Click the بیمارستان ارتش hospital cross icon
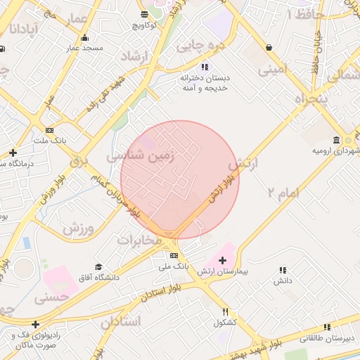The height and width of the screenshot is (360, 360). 223,260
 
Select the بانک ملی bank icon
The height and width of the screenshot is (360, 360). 174,255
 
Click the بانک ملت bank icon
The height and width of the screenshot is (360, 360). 49,130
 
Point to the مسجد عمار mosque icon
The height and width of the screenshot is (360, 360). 85,38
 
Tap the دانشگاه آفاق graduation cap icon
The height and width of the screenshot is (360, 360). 98,267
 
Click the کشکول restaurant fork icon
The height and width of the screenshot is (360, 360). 225,311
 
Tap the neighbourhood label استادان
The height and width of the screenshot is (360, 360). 120,323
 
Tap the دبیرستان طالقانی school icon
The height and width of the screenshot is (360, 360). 327,327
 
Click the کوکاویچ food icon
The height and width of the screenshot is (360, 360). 143,14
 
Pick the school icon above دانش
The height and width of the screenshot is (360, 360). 283,269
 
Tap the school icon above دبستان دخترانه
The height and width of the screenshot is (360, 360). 205,67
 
